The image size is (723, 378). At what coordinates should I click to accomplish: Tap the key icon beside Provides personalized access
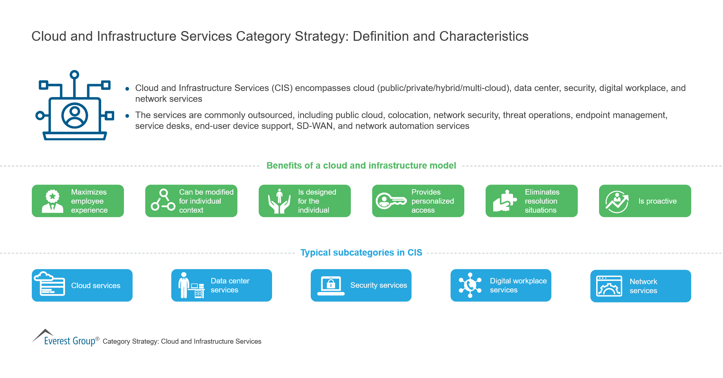pos(391,201)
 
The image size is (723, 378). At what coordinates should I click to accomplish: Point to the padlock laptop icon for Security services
pos(331,286)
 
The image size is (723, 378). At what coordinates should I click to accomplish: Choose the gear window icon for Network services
pos(609,286)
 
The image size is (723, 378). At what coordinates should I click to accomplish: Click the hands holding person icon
pos(279,201)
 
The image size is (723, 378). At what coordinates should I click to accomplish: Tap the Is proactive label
pos(657,201)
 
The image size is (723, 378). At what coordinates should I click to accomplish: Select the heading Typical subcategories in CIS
pos(361,253)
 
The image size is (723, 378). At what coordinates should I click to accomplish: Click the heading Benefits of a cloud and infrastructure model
pos(361,166)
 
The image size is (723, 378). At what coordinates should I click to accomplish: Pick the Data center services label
pos(230,285)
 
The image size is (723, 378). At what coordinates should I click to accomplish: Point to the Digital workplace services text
pos(518,285)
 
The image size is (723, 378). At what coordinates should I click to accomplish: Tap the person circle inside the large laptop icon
pos(75,116)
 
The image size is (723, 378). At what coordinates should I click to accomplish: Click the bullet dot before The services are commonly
pos(127,116)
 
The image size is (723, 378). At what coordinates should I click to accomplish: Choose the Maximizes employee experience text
pos(89,201)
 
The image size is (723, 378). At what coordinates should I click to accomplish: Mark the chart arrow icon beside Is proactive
pos(617,201)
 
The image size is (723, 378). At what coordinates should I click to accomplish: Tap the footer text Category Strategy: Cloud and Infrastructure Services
pos(182,342)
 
